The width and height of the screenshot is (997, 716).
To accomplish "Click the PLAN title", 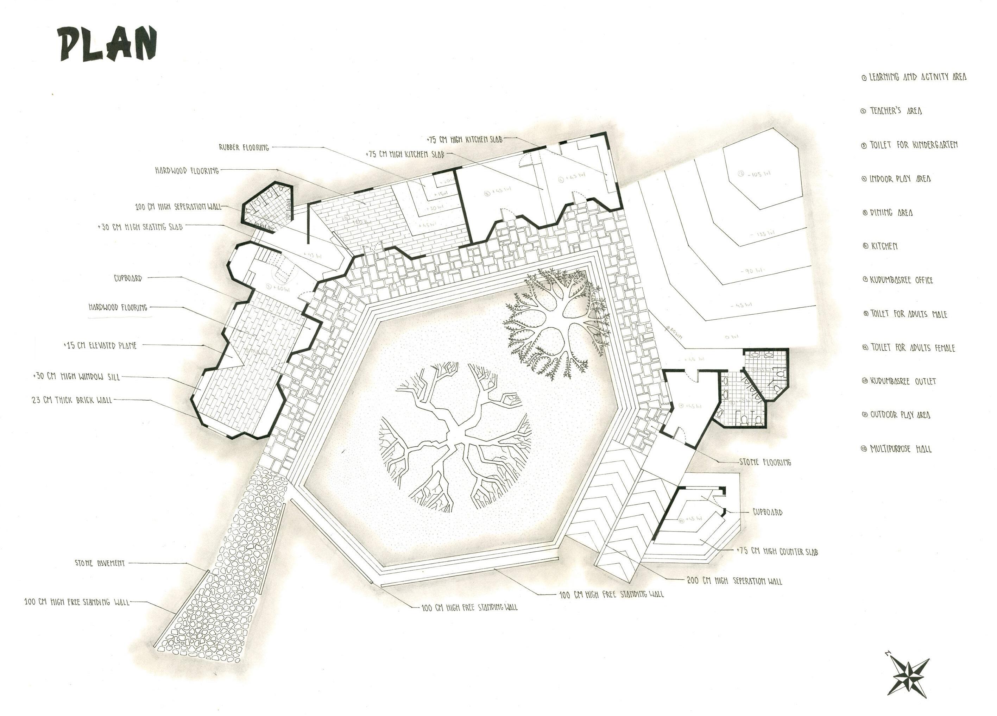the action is pos(108,44).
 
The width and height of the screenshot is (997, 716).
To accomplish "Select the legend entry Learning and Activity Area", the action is pos(914,77).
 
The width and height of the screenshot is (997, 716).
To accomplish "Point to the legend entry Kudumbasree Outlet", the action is pos(899,381).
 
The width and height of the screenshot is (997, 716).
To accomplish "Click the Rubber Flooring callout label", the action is pos(244,148).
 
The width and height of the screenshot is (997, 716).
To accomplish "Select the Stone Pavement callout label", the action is pos(100,563).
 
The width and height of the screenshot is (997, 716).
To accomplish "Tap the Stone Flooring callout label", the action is pos(765,462).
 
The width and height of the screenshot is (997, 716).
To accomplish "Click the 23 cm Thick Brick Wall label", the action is pos(72,401).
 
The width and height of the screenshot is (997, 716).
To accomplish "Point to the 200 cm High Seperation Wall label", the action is pos(734,581).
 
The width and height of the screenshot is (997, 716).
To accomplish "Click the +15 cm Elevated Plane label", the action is pos(101,346).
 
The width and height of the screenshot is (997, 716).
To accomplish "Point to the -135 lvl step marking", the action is pos(763,234).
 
